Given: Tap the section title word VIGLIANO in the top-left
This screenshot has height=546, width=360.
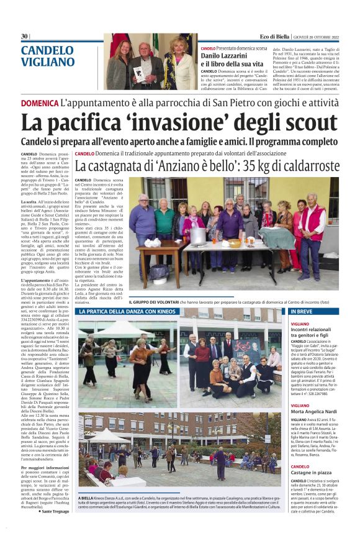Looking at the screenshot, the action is pyautogui.click(x=48, y=62).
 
